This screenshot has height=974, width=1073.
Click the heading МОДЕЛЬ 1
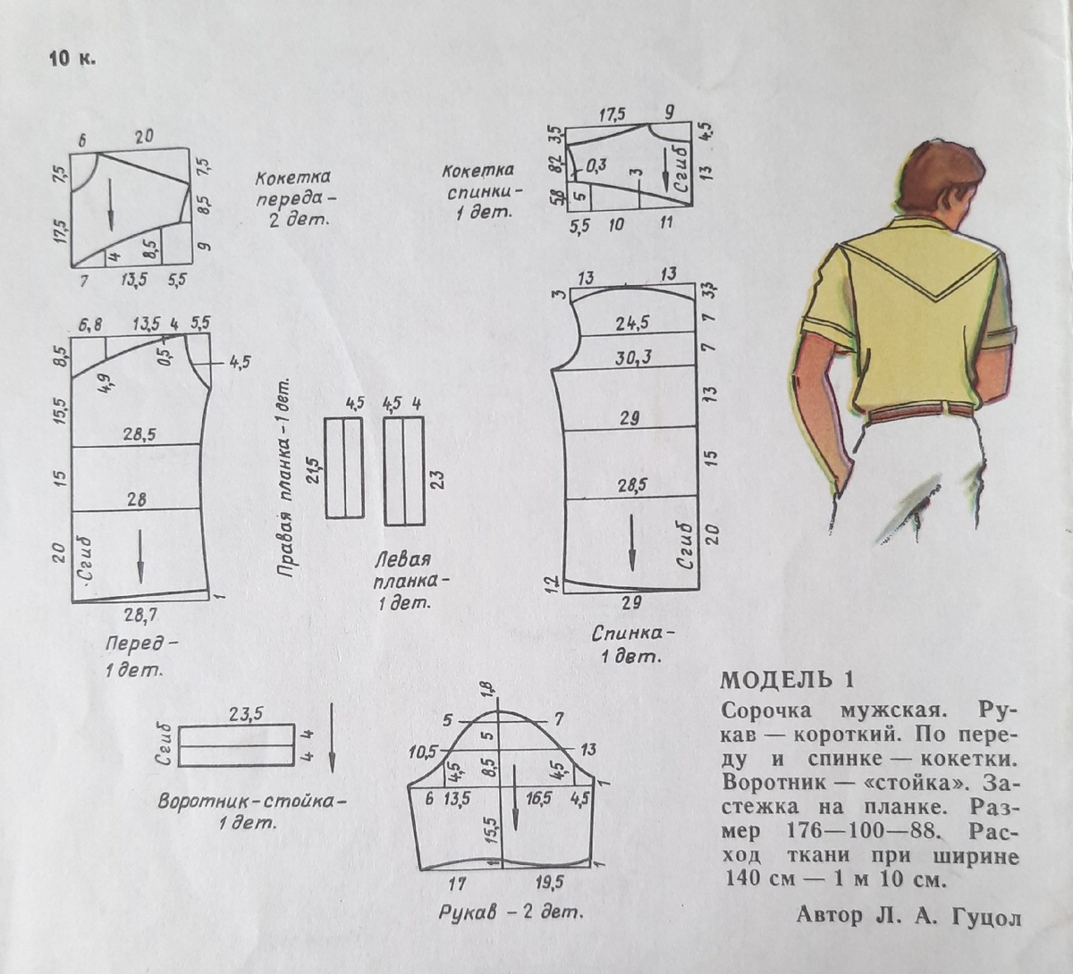[787, 680]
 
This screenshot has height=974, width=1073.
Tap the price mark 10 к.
[72, 60]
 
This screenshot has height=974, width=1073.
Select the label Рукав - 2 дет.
[511, 913]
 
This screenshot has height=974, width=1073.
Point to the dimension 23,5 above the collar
[245, 713]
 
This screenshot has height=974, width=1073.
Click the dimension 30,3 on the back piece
[633, 357]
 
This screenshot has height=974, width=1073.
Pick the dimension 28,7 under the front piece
[139, 615]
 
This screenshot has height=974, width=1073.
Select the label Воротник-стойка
[251, 801]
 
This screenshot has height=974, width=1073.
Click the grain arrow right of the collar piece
[332, 737]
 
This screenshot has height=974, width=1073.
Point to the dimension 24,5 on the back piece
[632, 323]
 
